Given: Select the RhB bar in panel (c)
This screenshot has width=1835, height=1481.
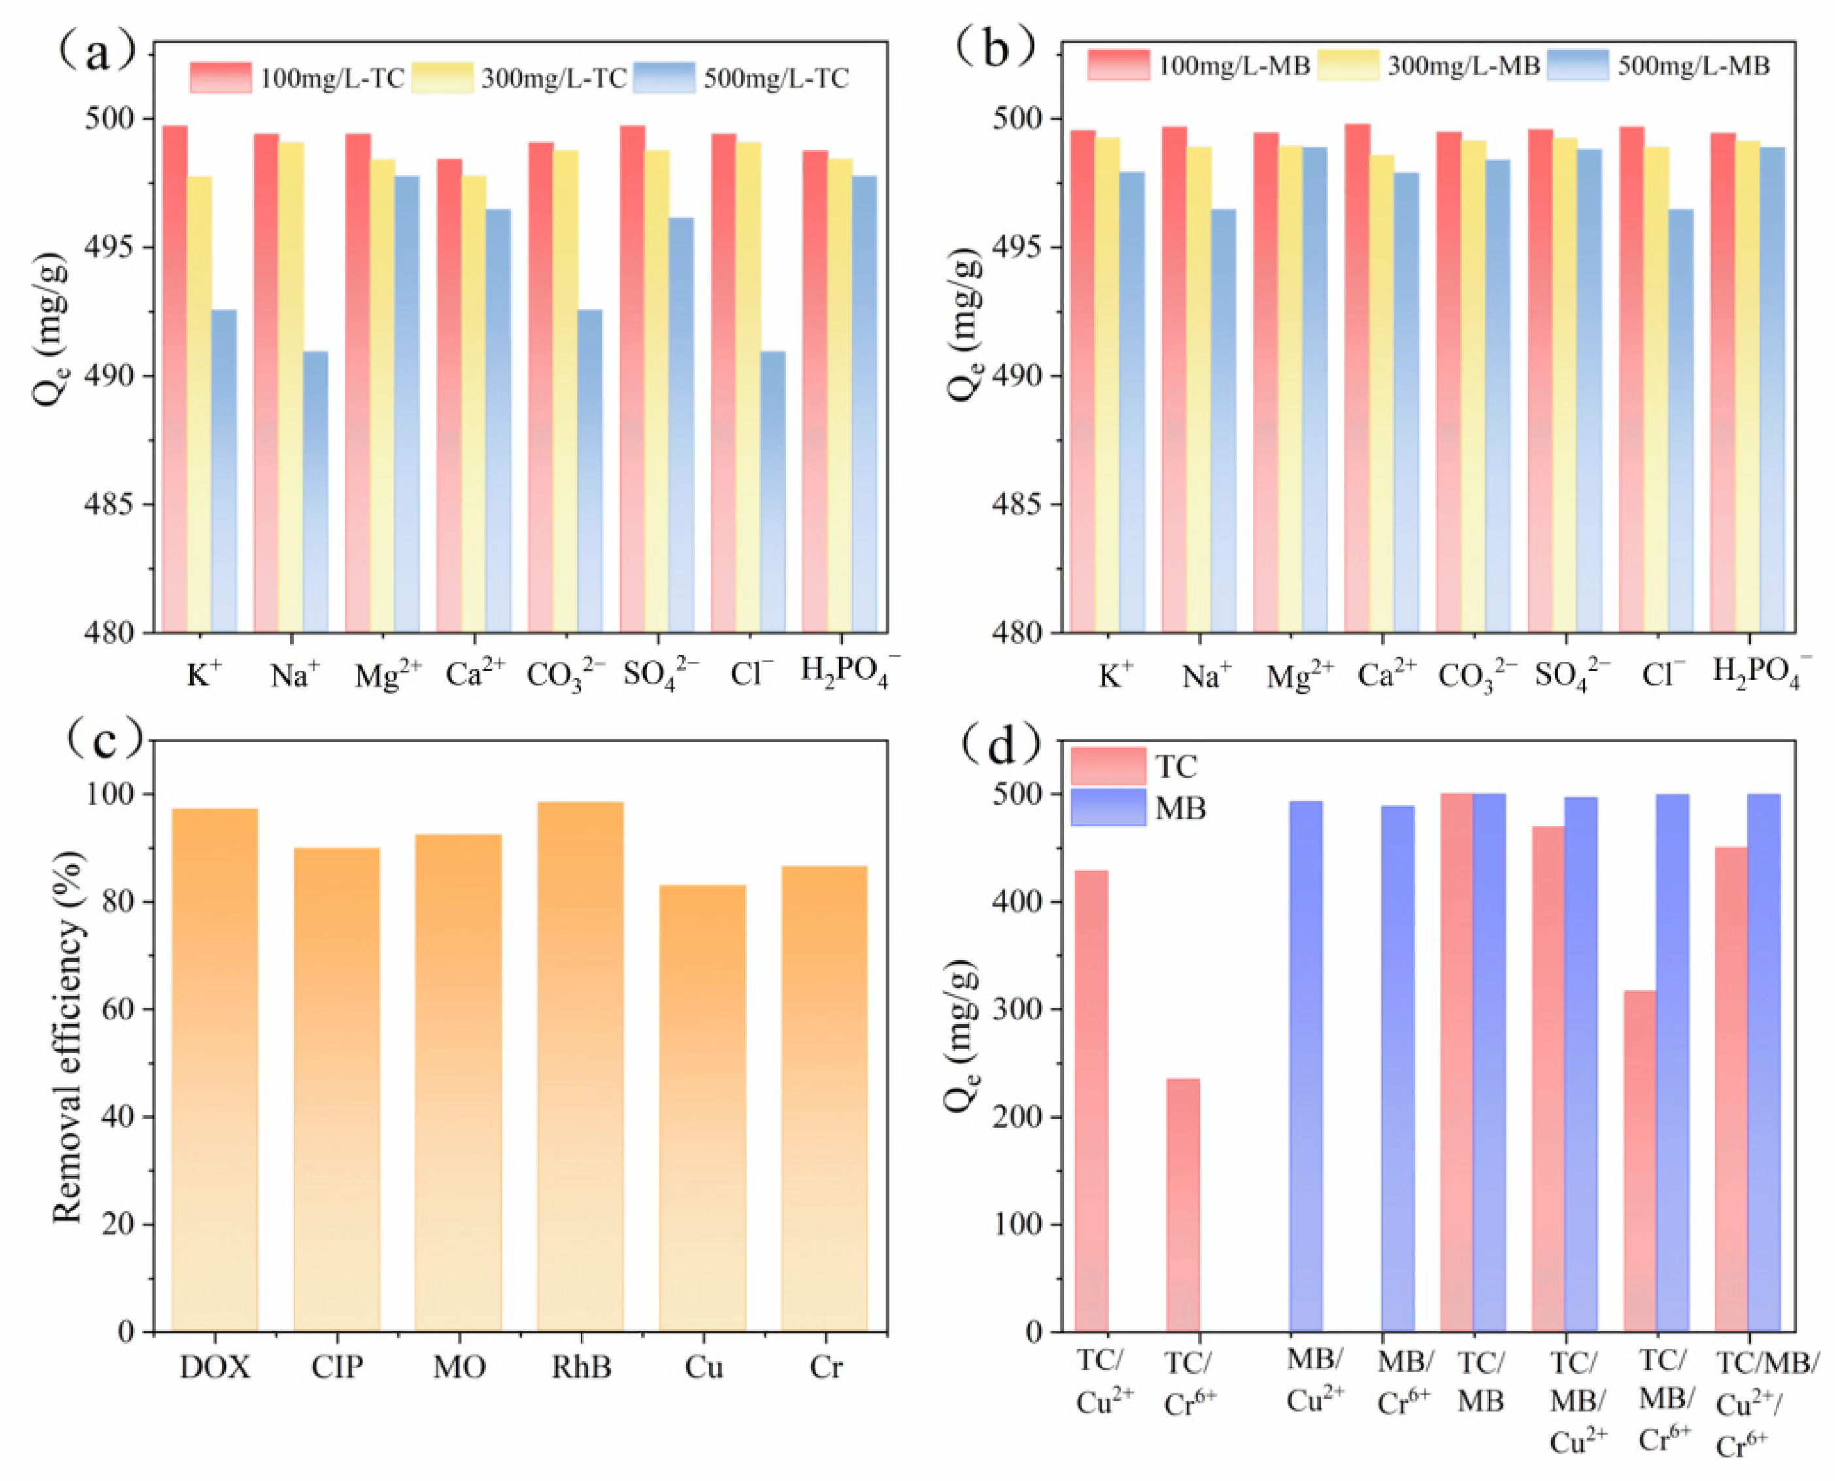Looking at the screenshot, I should click(x=580, y=1066).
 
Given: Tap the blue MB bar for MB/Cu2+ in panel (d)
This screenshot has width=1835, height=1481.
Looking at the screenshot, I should click(x=1305, y=1066).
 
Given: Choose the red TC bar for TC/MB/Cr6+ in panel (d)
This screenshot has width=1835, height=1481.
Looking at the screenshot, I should click(x=1639, y=1161).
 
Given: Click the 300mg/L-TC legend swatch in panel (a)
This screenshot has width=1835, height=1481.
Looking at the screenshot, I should click(x=442, y=77).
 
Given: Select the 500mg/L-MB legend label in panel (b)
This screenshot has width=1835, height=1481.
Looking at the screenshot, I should click(x=1693, y=65).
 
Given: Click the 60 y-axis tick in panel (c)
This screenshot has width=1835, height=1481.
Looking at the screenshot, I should click(x=120, y=1009).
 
